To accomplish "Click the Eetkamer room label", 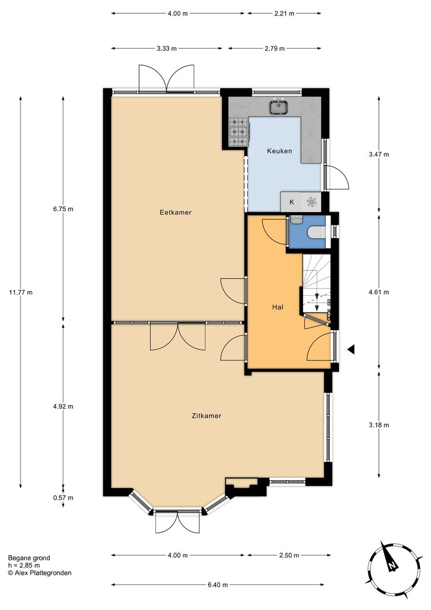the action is tap(175, 212).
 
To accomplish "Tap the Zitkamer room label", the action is tap(206, 415).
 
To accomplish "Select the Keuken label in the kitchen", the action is tap(279, 151).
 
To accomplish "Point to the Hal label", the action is tap(277, 307).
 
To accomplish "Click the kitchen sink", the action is tap(279, 106).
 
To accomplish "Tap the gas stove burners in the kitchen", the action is tap(238, 132).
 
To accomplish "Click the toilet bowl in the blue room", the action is tap(316, 232).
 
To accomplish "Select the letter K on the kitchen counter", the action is tap(292, 202).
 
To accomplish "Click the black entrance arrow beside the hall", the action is tap(351, 350).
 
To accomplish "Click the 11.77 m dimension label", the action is tap(21, 292).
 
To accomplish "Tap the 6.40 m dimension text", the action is tap(218, 584).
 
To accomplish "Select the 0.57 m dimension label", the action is tap(63, 498).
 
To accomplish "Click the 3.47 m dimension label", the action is tap(379, 154).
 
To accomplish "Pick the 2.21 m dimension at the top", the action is tap(284, 13).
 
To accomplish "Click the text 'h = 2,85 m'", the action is tap(23, 565).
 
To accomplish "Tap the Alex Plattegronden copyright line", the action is tap(39, 573).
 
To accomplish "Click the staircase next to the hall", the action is tap(316, 283).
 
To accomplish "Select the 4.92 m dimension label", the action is tap(63, 406).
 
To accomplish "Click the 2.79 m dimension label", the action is tap(274, 49).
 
